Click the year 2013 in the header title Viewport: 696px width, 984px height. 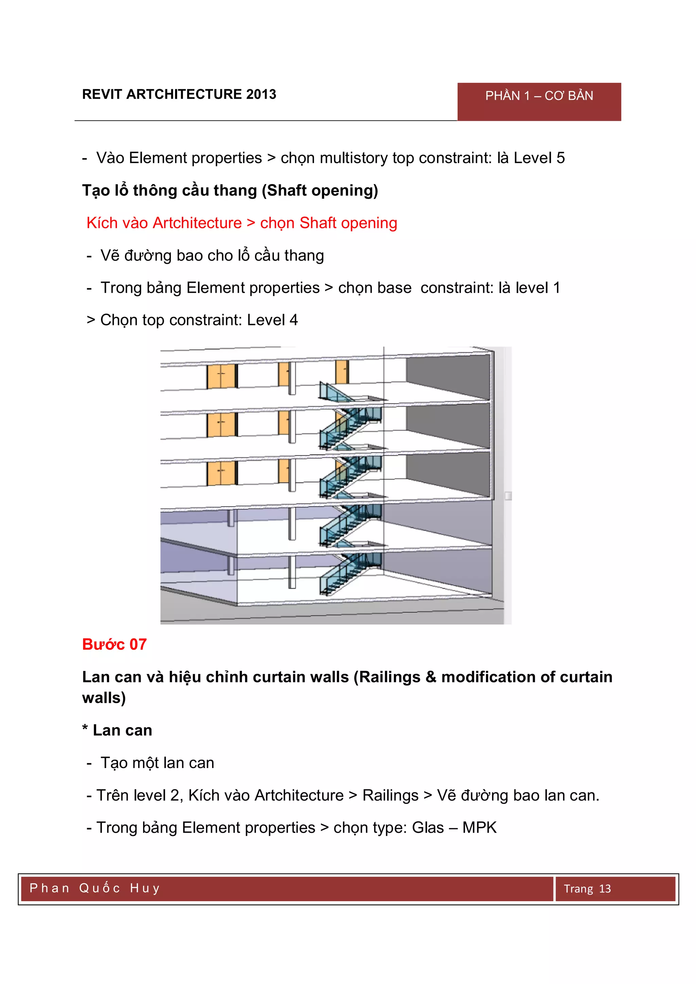261,94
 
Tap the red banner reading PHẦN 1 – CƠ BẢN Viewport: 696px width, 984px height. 539,101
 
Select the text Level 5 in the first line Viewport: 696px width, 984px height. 539,158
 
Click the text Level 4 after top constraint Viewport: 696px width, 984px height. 272,320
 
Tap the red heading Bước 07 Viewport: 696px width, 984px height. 115,644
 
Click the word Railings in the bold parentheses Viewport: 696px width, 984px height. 389,677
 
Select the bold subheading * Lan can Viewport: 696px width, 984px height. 117,730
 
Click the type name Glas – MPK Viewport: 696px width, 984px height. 454,827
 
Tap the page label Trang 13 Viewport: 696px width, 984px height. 587,889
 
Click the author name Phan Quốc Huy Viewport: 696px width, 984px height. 95,888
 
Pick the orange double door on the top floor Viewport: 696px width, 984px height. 221,376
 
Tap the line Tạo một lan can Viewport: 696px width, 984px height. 157,763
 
